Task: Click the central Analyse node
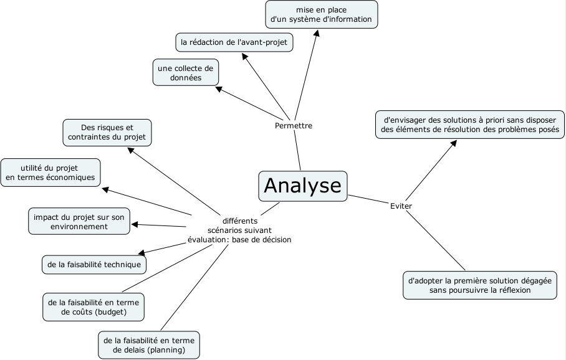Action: [303, 186]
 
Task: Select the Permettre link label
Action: [293, 126]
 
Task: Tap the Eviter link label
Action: [401, 206]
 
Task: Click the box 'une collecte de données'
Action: [186, 73]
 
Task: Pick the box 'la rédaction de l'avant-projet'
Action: [234, 42]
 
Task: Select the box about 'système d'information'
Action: [321, 14]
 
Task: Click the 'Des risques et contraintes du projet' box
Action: [107, 132]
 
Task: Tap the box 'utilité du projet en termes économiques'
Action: [50, 172]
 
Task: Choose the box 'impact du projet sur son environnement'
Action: [79, 222]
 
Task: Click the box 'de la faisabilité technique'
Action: [94, 265]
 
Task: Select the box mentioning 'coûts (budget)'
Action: [94, 306]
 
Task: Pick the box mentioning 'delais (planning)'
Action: [149, 345]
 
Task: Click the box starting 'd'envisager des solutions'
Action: [469, 125]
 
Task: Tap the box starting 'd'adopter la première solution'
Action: [479, 285]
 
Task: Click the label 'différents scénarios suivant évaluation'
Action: [239, 230]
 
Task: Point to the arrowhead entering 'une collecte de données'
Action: [219, 88]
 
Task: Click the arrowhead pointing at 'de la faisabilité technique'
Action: [141, 253]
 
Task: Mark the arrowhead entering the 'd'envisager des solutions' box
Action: [454, 143]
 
